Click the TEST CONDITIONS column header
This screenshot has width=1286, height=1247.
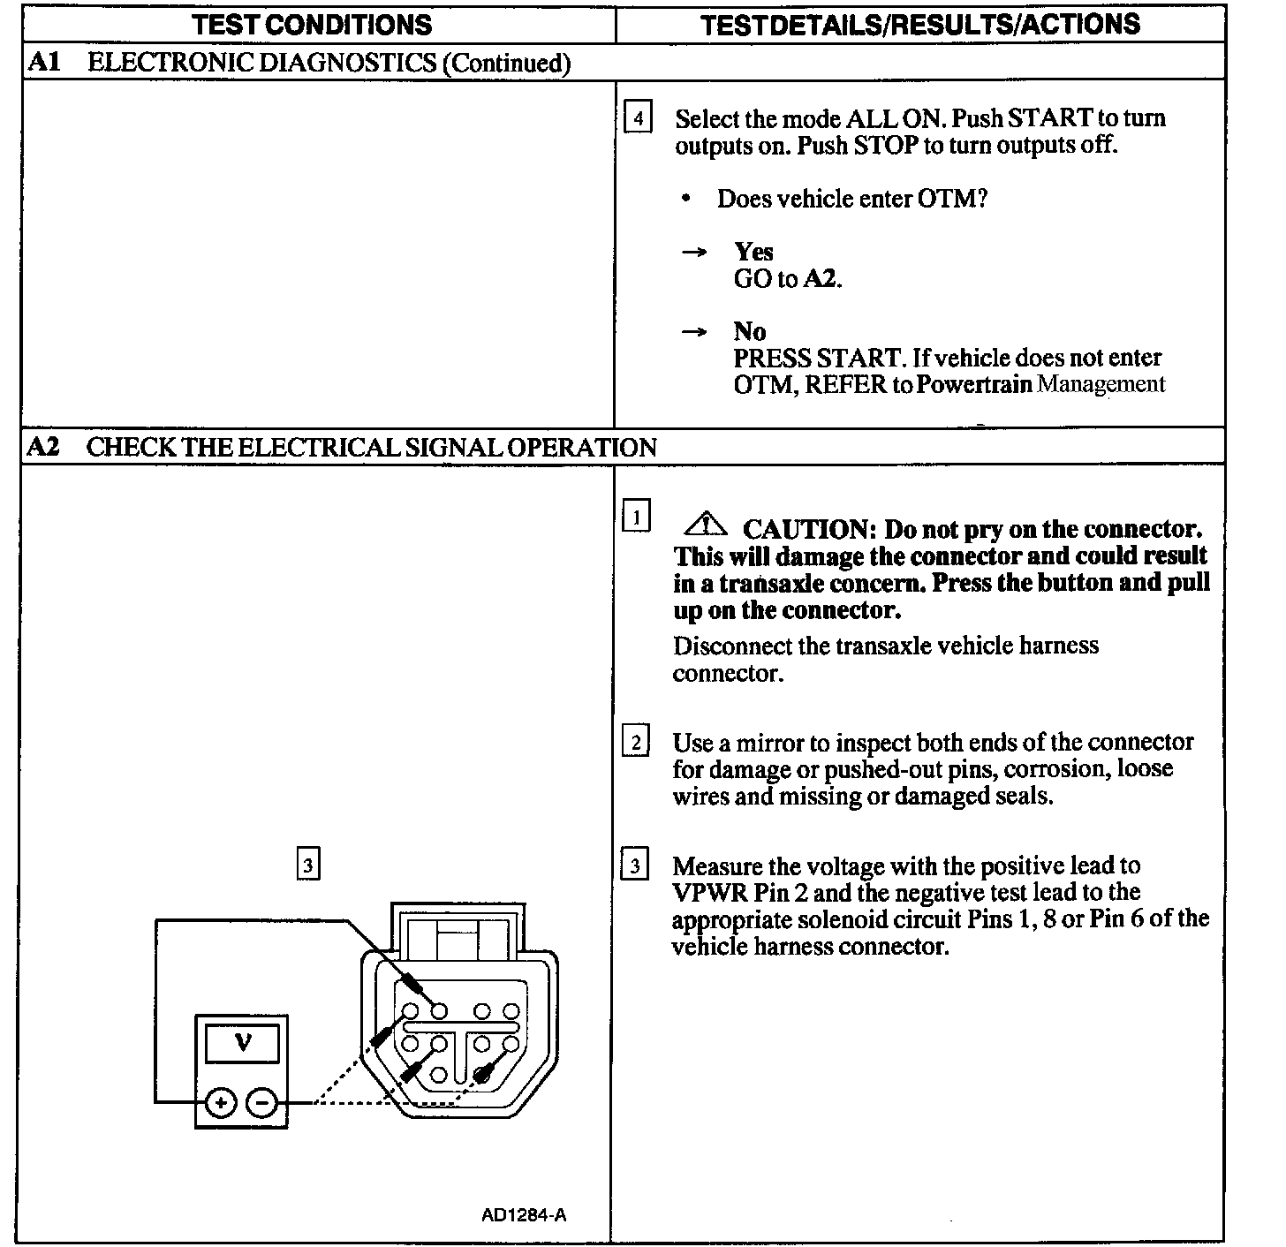[x=313, y=24]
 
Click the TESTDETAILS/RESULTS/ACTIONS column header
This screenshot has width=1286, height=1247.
[x=919, y=24]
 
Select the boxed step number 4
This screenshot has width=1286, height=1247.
[x=638, y=117]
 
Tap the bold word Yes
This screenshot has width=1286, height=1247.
[x=753, y=252]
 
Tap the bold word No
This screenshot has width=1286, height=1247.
[x=749, y=331]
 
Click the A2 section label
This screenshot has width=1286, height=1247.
[x=43, y=447]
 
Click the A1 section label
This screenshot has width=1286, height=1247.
[x=43, y=62]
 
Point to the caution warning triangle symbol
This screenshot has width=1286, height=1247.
[x=705, y=525]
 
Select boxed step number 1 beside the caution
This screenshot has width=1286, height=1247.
[x=636, y=516]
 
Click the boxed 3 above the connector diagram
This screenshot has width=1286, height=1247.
[x=307, y=865]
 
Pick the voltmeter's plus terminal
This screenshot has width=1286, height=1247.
[x=221, y=1103]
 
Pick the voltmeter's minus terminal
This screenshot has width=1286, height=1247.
[x=261, y=1103]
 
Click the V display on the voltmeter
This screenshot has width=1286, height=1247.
[x=243, y=1043]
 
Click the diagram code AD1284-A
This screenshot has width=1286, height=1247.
[x=524, y=1214]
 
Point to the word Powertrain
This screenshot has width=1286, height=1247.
[x=974, y=385]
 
